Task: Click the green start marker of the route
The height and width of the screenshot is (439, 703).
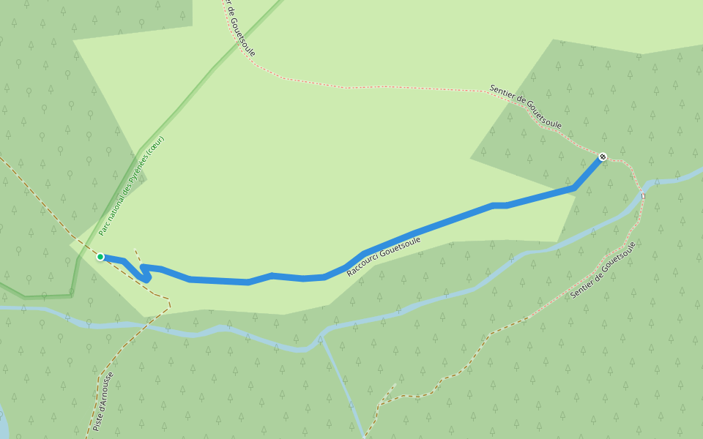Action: (x=100, y=257)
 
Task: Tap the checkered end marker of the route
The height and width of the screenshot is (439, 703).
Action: (x=603, y=157)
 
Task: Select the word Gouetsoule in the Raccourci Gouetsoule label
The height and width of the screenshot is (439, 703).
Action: (x=401, y=246)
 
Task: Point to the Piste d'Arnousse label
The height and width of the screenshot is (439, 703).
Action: (x=104, y=401)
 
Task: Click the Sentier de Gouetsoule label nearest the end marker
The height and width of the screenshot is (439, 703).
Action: (x=525, y=107)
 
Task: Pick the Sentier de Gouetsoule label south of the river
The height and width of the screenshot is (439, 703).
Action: (x=603, y=270)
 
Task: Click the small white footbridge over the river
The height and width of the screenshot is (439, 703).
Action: (x=643, y=195)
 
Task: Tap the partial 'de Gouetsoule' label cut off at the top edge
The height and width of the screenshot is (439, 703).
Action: (x=239, y=29)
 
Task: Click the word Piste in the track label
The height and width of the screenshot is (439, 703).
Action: (x=97, y=422)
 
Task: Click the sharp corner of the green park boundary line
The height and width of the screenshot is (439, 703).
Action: (x=71, y=296)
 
